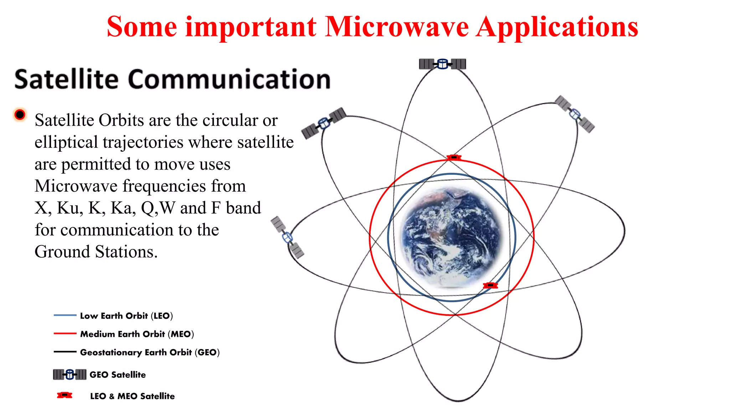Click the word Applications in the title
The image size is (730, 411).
[x=557, y=28]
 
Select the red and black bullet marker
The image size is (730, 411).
[x=20, y=115]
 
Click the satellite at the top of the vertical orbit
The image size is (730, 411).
[x=442, y=64]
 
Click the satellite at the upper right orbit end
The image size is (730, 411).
[x=575, y=114]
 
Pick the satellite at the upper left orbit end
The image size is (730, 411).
[x=324, y=123]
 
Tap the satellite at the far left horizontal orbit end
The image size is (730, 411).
[x=287, y=237]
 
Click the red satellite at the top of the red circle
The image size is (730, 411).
[x=454, y=157]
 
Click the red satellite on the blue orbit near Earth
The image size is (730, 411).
[x=490, y=285]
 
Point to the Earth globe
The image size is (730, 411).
[x=452, y=237]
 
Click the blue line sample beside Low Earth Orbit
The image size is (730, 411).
[x=65, y=315]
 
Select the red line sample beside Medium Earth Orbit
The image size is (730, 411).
[x=65, y=334]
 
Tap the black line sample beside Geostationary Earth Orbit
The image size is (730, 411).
[x=65, y=352]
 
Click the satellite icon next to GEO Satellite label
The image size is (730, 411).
[x=70, y=374]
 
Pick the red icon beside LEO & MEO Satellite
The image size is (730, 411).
[x=65, y=395]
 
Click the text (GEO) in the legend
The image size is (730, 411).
[x=207, y=352]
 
